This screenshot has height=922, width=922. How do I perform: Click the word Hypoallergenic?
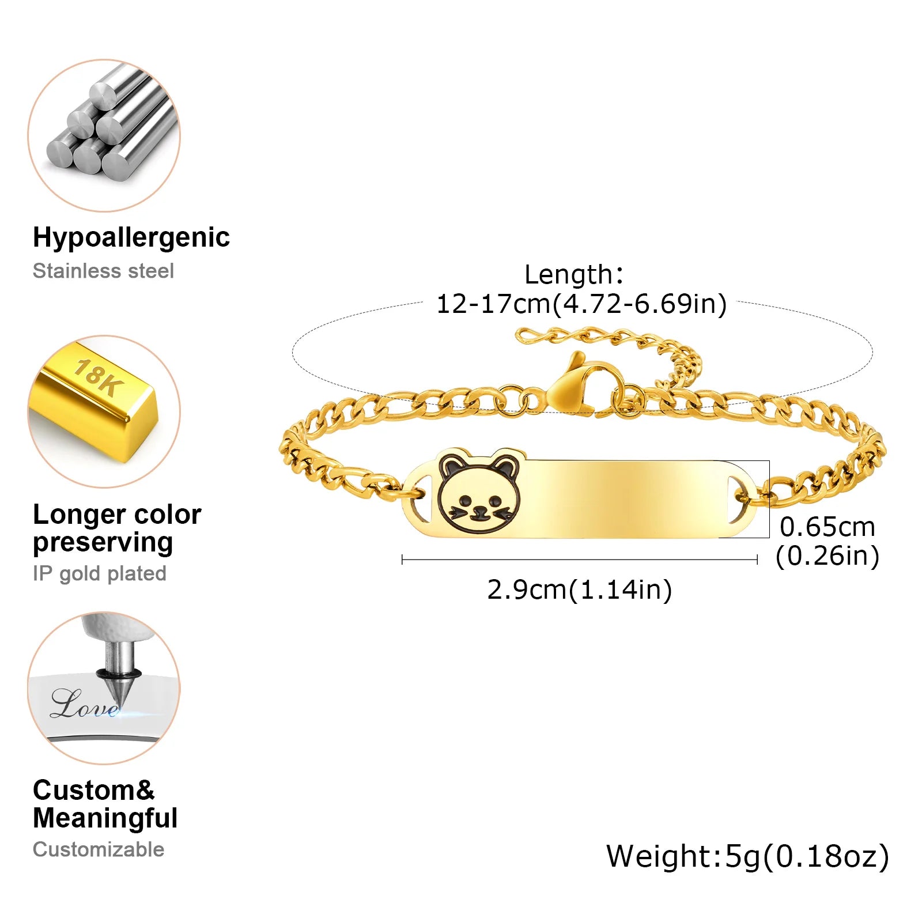tap(131, 237)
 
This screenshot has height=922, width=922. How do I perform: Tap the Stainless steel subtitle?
tap(103, 271)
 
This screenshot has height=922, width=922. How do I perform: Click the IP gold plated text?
tap(99, 573)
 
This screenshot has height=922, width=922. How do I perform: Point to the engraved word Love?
tap(84, 704)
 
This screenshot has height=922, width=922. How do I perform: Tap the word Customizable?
tap(99, 849)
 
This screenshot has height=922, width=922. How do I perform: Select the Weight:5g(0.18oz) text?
tap(747, 856)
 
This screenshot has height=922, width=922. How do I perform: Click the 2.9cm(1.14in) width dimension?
tap(579, 590)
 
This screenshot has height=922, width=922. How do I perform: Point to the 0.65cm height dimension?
tap(827, 527)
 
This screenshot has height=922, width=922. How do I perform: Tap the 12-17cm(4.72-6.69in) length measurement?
tap(581, 304)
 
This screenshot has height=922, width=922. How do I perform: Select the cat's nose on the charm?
tap(479, 509)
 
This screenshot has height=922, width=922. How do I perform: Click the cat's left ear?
tap(452, 466)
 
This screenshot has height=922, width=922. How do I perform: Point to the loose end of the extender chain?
tap(524, 335)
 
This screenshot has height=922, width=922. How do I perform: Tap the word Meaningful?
tap(105, 818)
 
